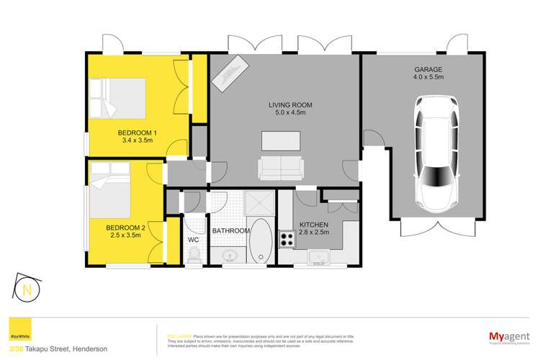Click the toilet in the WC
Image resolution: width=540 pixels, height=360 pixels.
pyautogui.click(x=192, y=255)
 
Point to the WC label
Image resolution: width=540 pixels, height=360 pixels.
pyautogui.click(x=193, y=239)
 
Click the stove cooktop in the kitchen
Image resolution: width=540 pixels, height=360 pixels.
pyautogui.click(x=287, y=238)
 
